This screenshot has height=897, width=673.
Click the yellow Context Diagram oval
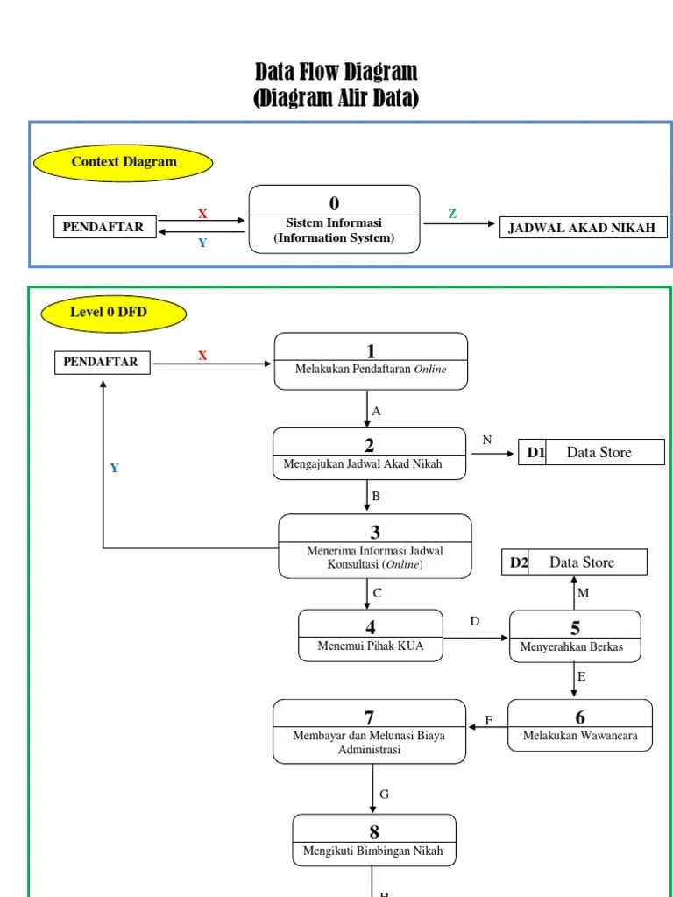124,162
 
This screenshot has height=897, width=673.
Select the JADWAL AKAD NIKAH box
582,229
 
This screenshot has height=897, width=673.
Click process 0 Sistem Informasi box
334,219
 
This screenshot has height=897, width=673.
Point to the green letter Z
452,215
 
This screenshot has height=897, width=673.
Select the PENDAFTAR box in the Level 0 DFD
102,362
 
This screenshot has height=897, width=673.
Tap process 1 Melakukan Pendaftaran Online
371,361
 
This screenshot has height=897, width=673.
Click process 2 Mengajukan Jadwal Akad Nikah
369,455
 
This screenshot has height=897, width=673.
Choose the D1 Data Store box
592,453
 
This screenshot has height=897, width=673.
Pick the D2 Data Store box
574,562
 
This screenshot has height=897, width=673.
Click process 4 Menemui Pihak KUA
370,636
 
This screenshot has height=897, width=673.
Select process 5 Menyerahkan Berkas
575,637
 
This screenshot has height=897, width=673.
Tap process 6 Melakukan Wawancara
580,725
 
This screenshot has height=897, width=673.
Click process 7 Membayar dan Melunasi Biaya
369,731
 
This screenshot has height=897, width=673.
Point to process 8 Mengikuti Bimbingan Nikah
373,840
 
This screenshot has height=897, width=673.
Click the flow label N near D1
486,440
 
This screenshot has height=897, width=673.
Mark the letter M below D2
583,594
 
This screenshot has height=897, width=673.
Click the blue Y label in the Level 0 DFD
114,469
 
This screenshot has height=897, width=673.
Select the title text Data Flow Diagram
336,72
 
